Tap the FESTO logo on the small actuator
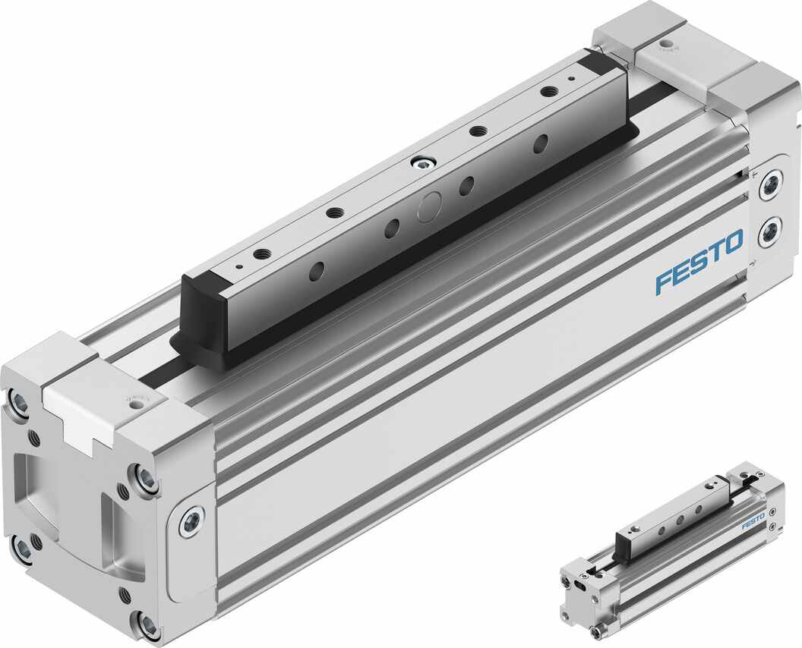[x=753, y=522]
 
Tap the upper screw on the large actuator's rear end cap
[x=771, y=184]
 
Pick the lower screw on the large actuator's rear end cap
[x=770, y=231]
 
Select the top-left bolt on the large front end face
[x=18, y=401]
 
